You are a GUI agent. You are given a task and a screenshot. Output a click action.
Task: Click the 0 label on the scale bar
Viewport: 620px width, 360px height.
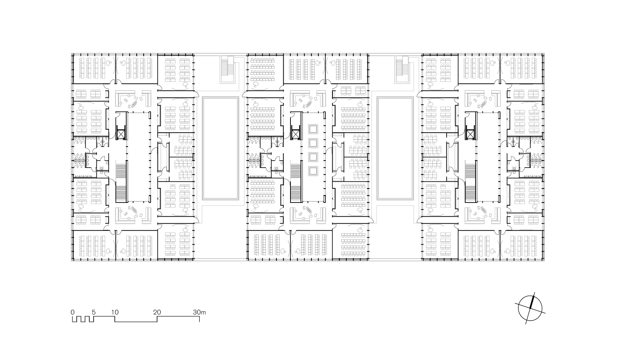point(73,312)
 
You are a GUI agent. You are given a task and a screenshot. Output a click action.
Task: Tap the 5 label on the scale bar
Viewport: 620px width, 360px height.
point(94,312)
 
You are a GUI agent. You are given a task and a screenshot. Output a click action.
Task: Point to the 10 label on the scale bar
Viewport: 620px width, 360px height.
point(115,312)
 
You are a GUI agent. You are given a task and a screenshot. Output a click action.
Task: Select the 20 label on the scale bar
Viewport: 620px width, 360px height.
point(157,312)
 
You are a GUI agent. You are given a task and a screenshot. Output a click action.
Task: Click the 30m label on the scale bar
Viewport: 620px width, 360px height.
point(199,312)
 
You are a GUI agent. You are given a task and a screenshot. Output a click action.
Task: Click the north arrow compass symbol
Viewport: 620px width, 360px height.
point(530,308)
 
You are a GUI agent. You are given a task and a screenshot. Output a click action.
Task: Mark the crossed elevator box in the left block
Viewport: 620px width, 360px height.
point(121,134)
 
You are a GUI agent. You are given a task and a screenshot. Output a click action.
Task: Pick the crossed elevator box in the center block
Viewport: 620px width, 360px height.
point(295,134)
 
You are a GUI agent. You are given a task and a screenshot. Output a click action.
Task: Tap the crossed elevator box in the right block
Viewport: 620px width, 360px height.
point(470,134)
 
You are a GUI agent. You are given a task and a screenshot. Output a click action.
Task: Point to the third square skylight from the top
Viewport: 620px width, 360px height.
point(313,157)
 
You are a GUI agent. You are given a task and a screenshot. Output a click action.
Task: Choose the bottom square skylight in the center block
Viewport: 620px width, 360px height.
point(313,170)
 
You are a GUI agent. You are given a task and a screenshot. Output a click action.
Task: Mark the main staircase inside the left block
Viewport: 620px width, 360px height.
point(122,181)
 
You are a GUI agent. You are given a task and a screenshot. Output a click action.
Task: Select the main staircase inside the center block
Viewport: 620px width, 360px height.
point(296,181)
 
